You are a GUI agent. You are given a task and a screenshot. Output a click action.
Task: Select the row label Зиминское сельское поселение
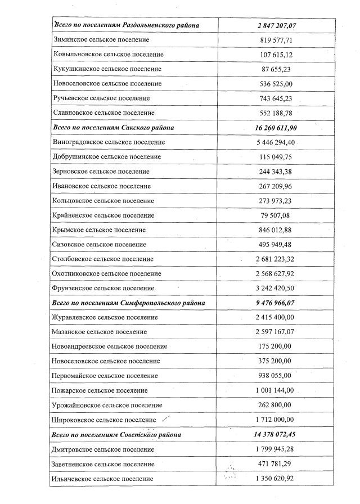(x=101, y=40)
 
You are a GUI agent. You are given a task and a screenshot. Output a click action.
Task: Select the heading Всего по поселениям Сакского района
(x=113, y=128)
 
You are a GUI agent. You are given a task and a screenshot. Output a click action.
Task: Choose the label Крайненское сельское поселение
(x=103, y=215)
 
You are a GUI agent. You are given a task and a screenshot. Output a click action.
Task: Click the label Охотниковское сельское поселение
(x=107, y=273)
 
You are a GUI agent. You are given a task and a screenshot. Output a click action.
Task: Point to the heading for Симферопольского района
(x=128, y=303)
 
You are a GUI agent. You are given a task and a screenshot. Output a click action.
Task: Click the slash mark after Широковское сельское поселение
(x=165, y=419)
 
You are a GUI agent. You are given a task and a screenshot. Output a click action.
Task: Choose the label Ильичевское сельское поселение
(x=102, y=479)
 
